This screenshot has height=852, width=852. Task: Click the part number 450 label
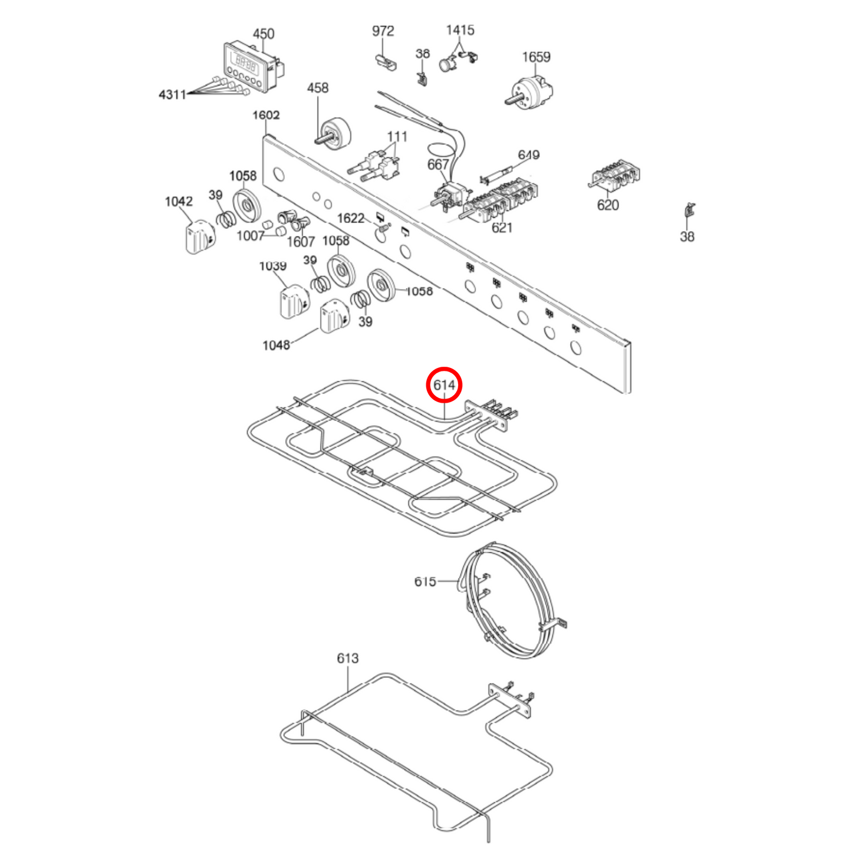coord(264,34)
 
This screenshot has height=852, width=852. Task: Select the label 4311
coord(172,94)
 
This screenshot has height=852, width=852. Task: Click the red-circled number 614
coord(444,385)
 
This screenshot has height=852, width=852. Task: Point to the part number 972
coord(383,31)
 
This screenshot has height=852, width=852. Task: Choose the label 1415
coord(460,30)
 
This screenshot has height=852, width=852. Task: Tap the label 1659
coord(536,57)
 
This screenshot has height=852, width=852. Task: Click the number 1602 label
coord(266,115)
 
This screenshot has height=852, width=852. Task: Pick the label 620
coord(608,205)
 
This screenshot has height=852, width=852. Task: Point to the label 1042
coord(179,202)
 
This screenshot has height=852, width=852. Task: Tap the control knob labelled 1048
coord(334,317)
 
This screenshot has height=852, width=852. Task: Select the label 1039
coord(272,267)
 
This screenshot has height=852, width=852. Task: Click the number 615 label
coord(425,582)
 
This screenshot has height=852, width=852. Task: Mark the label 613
coord(348,658)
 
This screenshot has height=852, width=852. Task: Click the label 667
coord(438,165)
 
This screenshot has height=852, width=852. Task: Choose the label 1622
coord(351,218)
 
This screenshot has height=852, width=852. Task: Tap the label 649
coord(528,155)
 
